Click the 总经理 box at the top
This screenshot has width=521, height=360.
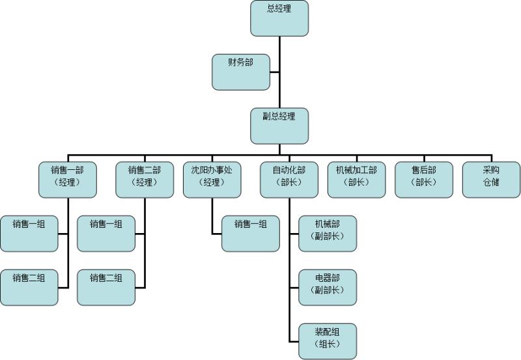click(279, 18)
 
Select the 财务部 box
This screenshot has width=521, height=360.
click(240, 72)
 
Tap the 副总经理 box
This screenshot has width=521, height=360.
click(279, 126)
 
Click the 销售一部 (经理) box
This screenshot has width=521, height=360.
click(68, 179)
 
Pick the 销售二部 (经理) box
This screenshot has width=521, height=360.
click(145, 179)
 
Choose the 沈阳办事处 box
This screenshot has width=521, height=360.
click(212, 179)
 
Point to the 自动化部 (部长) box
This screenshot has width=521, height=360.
click(289, 179)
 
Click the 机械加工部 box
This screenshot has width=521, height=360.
click(356, 179)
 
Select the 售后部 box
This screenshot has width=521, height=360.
click(424, 179)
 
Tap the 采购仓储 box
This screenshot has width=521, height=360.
click(491, 179)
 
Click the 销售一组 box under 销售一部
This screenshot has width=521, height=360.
click(29, 233)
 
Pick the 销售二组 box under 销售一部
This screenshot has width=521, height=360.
click(29, 286)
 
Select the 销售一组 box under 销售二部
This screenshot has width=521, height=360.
click(106, 233)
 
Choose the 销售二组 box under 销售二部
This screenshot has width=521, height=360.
click(106, 286)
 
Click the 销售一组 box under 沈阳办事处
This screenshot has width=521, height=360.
click(251, 233)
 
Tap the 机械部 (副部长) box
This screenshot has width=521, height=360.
click(328, 233)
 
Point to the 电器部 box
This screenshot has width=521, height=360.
click(328, 286)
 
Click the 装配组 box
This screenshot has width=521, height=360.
click(328, 340)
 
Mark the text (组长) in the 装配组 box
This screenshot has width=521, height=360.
click(328, 345)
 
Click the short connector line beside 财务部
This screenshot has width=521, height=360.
click(274, 72)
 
